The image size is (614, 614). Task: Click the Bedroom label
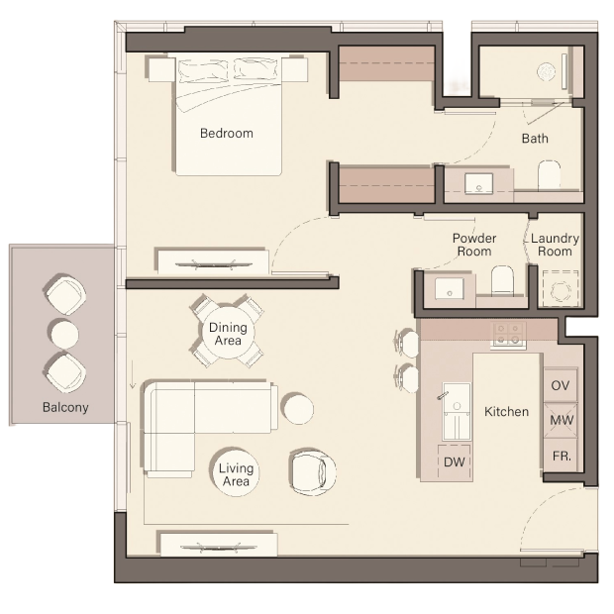coord(227,133)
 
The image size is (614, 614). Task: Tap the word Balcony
coord(65,408)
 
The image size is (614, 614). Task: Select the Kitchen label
coord(506,412)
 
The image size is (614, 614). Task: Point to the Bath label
coord(535,139)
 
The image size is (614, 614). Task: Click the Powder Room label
coord(474,245)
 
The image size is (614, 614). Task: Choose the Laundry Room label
coord(555,245)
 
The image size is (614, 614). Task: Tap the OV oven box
coord(561,385)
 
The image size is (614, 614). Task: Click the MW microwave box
coord(561,420)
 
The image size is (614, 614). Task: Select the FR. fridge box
coord(561,455)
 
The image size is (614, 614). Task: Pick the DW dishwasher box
coord(455,461)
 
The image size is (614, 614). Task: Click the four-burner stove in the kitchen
coord(508,334)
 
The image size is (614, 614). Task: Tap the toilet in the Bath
coord(549,175)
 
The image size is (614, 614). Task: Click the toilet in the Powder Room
coord(502,279)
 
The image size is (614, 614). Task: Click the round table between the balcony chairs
coord(63,335)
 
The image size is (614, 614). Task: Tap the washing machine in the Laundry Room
coord(561,288)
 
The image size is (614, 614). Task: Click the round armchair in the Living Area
coord(313,471)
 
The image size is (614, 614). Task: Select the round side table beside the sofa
coord(298,408)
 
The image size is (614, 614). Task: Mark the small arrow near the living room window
coord(133,374)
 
